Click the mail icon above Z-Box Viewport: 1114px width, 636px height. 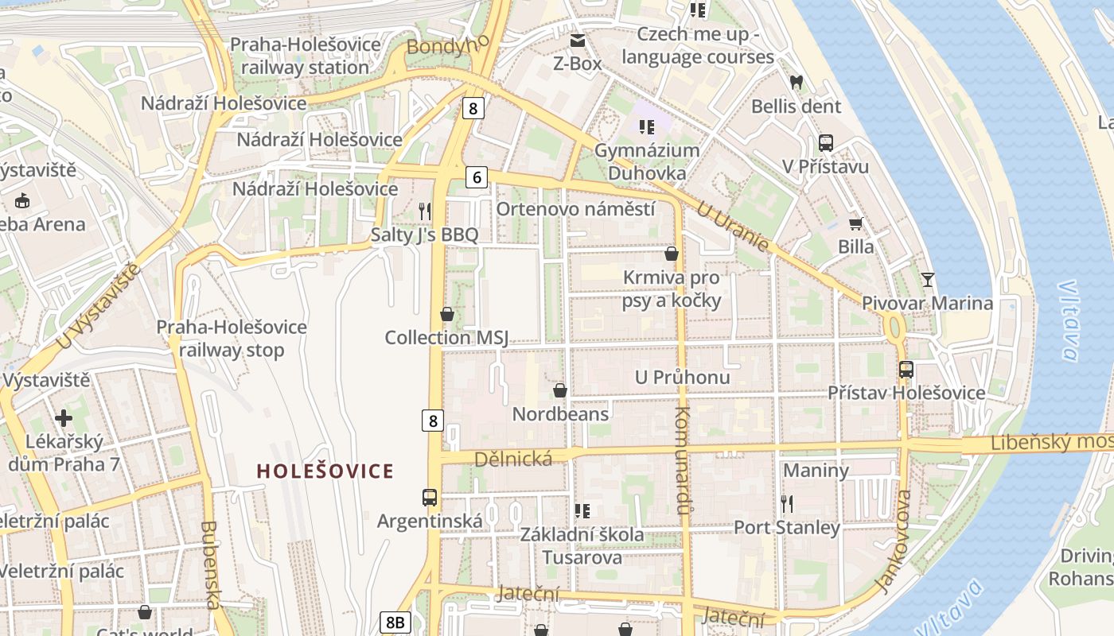tap(577, 40)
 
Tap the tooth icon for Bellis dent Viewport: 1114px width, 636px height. tap(796, 82)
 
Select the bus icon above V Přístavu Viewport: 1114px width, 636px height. tap(826, 143)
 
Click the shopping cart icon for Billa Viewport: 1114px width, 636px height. tap(856, 223)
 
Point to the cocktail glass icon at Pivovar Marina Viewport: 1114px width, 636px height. tap(927, 279)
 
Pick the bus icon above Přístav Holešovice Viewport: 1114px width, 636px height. tap(906, 369)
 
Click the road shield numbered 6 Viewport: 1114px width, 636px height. tap(477, 177)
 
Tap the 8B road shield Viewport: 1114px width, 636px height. tap(395, 622)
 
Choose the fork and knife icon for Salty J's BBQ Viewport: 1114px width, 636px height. tap(425, 211)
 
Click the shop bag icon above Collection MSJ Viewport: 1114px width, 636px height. tap(447, 314)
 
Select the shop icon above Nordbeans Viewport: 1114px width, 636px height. tap(560, 390)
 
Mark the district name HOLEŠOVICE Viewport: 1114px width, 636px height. tap(325, 471)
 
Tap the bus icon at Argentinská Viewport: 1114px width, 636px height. tap(430, 498)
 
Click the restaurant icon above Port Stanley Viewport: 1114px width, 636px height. tap(787, 503)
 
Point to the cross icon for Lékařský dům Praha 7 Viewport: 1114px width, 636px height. tap(64, 417)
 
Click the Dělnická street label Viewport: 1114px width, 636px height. tap(513, 460)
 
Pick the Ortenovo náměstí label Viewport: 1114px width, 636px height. tap(575, 209)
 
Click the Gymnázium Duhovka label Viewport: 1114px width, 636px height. tap(647, 161)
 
